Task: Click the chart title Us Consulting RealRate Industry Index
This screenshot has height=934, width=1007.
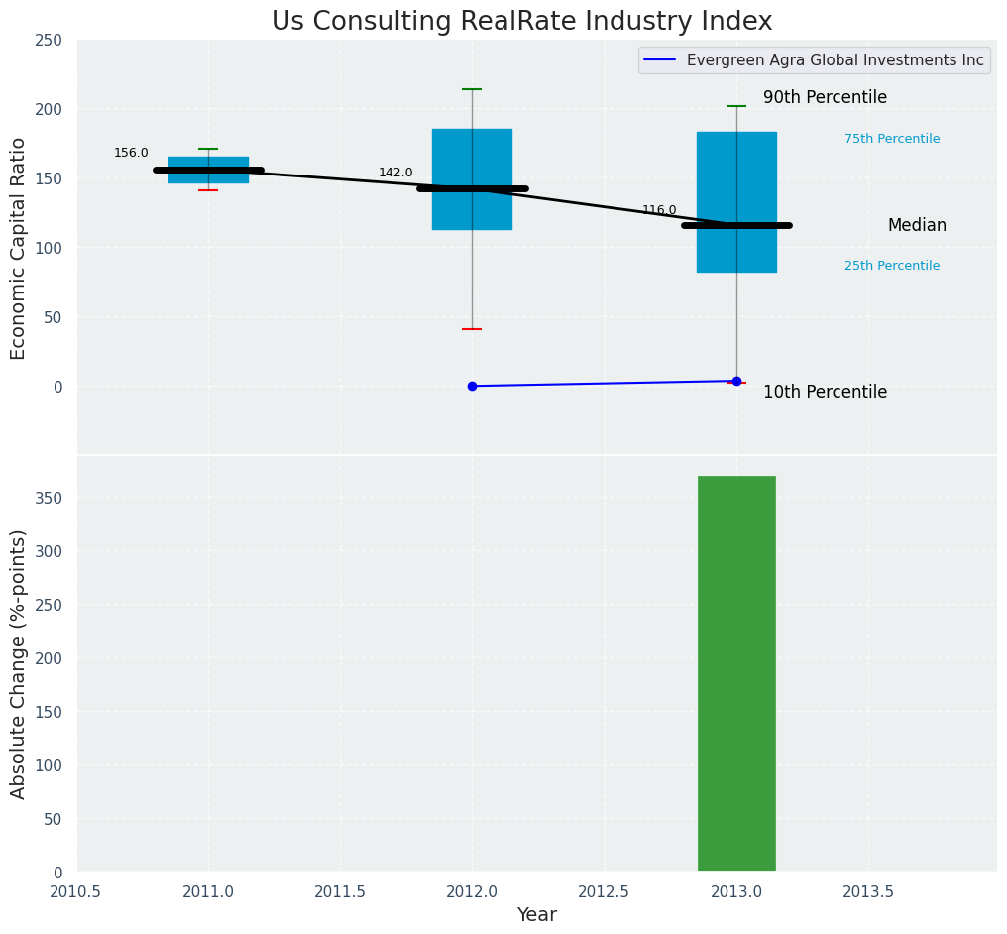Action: point(521,22)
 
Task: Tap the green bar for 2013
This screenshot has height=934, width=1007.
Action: point(736,673)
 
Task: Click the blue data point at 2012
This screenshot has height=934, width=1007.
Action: point(472,386)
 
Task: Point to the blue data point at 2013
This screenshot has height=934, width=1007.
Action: point(736,381)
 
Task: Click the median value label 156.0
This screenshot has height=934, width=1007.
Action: point(131,153)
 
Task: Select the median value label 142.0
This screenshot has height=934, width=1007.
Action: point(395,173)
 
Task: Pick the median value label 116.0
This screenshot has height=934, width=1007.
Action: point(659,210)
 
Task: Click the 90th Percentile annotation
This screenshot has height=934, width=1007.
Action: point(825,97)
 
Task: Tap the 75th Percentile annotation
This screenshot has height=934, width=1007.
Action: point(892,139)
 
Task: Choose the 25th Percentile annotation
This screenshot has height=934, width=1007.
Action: point(892,266)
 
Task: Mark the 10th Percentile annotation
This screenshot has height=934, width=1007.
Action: point(825,392)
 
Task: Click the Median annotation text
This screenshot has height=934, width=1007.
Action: point(917,226)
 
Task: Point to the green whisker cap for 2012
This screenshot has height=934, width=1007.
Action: point(472,89)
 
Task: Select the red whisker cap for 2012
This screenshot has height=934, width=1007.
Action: point(472,329)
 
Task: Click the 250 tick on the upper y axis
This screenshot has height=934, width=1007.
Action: point(50,40)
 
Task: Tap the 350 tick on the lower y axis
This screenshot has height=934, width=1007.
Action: point(50,498)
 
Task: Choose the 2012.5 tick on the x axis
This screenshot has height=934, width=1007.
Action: point(604,891)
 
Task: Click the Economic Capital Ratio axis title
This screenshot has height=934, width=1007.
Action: point(19,248)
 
